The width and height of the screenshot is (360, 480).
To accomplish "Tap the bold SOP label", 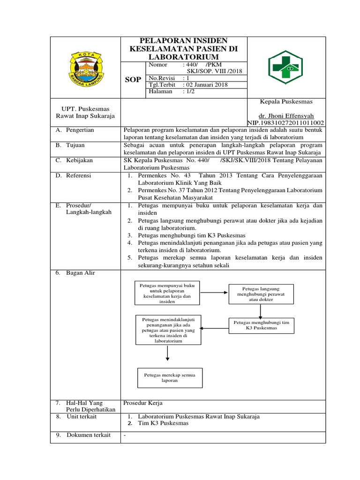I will (x=133, y=80).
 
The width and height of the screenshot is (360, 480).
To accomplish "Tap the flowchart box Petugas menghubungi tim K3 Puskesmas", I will (x=261, y=325).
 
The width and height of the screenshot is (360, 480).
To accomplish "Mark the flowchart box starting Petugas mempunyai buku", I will (x=167, y=293).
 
